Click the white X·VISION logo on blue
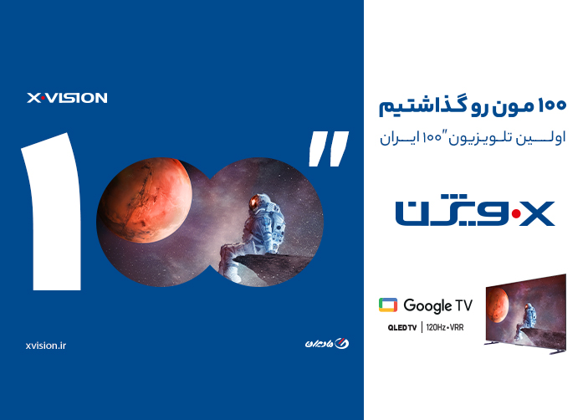67,98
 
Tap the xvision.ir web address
46,345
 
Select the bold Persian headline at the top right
473,106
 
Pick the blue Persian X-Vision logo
475,212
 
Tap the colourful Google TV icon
388,305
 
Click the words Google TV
437,305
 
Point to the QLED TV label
402,327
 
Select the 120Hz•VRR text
445,327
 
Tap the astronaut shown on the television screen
529,314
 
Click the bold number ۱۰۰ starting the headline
551,106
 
